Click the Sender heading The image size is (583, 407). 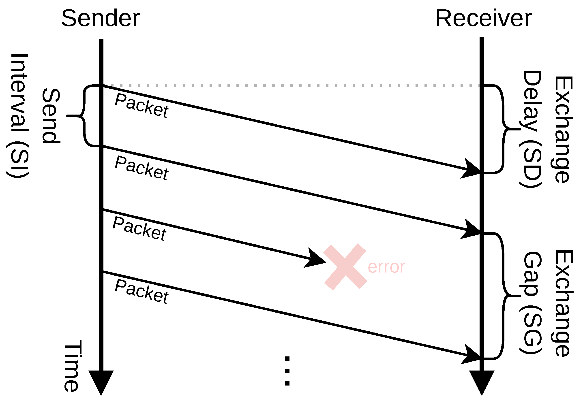[x=100, y=18]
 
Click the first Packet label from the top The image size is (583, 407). [x=141, y=105]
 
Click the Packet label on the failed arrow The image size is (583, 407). [x=139, y=228]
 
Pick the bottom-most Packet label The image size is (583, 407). [x=141, y=291]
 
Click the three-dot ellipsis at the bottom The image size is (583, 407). [x=287, y=371]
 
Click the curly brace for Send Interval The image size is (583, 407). [x=84, y=116]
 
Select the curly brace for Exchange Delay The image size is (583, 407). [x=502, y=129]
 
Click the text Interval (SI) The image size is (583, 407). [x=18, y=116]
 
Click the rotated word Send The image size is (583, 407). [x=51, y=116]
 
